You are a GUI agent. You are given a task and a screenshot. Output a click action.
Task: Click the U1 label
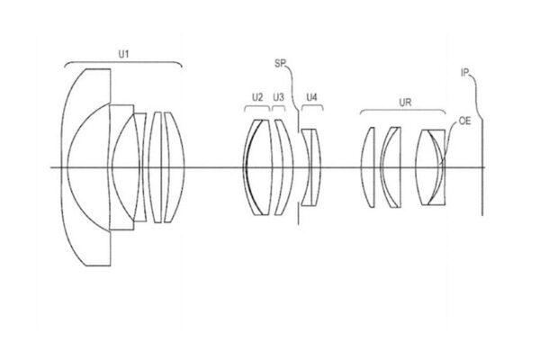click(x=123, y=53)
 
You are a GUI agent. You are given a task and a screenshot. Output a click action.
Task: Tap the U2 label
click(x=256, y=97)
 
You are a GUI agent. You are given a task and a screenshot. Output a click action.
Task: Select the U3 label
click(x=279, y=97)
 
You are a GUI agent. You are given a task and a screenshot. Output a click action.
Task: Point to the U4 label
click(x=311, y=97)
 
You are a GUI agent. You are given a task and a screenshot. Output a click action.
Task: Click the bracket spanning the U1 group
click(x=123, y=63)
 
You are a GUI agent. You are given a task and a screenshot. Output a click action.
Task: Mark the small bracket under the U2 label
click(x=256, y=108)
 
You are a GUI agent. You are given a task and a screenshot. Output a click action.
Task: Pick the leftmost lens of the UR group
click(x=367, y=168)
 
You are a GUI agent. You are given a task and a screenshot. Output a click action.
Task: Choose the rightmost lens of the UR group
click(x=431, y=168)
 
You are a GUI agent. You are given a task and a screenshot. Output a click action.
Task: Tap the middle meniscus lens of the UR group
click(x=391, y=168)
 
